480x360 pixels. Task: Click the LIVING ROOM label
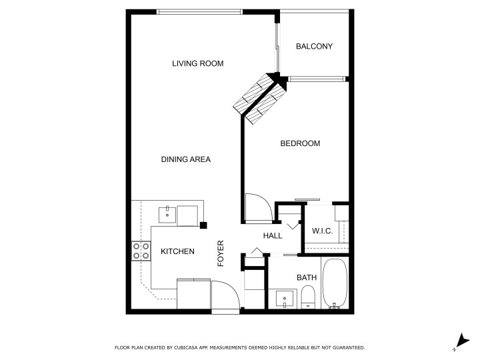[198, 63]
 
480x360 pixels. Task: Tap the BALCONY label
[314, 46]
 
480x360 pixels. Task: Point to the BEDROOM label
[300, 143]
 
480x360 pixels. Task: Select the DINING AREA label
[186, 159]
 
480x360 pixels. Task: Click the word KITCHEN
[177, 251]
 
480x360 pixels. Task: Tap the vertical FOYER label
[221, 253]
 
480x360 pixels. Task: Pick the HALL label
[273, 236]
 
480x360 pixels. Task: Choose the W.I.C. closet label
[322, 231]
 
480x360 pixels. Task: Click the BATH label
[307, 277]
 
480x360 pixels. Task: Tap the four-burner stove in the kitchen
[141, 251]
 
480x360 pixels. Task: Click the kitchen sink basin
[167, 215]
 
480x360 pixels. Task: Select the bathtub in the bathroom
[335, 283]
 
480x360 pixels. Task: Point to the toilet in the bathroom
[307, 297]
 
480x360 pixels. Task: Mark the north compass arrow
[462, 341]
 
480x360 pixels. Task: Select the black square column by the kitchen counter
[203, 225]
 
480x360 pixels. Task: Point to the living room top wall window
[199, 12]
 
